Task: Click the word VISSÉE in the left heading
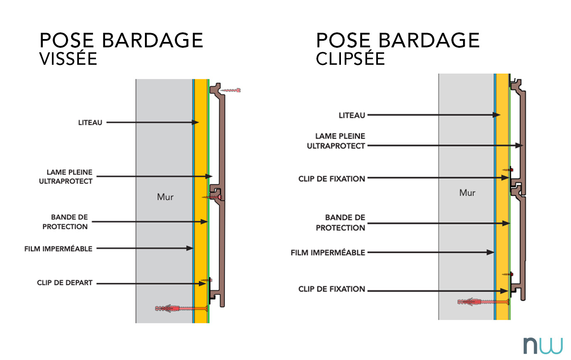(x=68, y=59)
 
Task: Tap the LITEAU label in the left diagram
(x=90, y=122)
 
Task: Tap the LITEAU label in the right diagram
(x=352, y=115)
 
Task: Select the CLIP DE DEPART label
(x=65, y=283)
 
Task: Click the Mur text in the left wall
(x=165, y=197)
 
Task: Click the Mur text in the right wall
(x=467, y=193)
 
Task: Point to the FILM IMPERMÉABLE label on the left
(x=58, y=248)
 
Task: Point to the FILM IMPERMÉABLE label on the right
(x=328, y=252)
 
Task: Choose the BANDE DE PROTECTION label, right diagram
(x=341, y=223)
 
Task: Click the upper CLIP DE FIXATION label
(x=332, y=179)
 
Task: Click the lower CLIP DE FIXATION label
(x=332, y=289)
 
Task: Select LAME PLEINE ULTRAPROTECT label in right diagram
(x=336, y=141)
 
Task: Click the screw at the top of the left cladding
(x=231, y=90)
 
